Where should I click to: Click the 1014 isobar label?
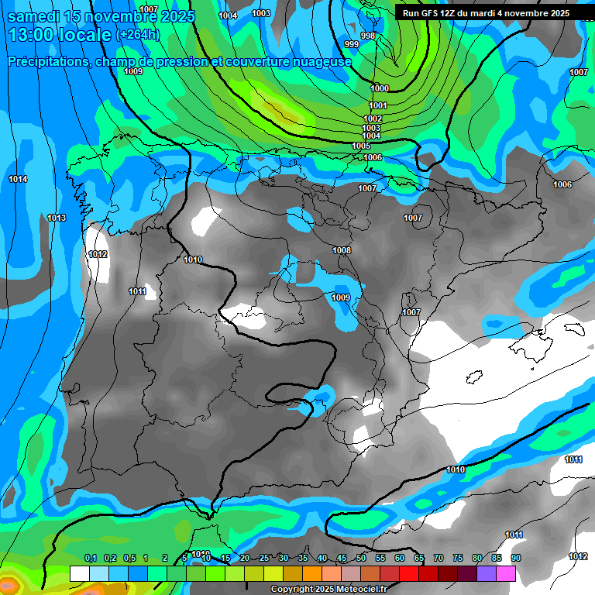pos(18,180)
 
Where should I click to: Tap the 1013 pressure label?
pos(57,218)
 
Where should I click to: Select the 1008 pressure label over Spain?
pos(341,251)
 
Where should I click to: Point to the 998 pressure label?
pos(368,36)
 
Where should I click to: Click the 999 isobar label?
pos(352,45)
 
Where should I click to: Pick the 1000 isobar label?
pos(380,89)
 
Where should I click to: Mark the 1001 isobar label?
pos(378,106)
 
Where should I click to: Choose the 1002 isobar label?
pos(372,119)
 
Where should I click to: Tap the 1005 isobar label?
pos(361,146)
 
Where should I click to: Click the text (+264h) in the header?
pos(137,35)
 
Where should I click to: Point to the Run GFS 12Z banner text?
pos(485,13)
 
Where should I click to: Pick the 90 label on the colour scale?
pos(516,559)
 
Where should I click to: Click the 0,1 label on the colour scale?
pos(90,559)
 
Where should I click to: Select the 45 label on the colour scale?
pos(342,559)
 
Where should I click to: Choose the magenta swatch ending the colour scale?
pos(506,574)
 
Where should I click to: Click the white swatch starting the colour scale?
pos(79,574)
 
